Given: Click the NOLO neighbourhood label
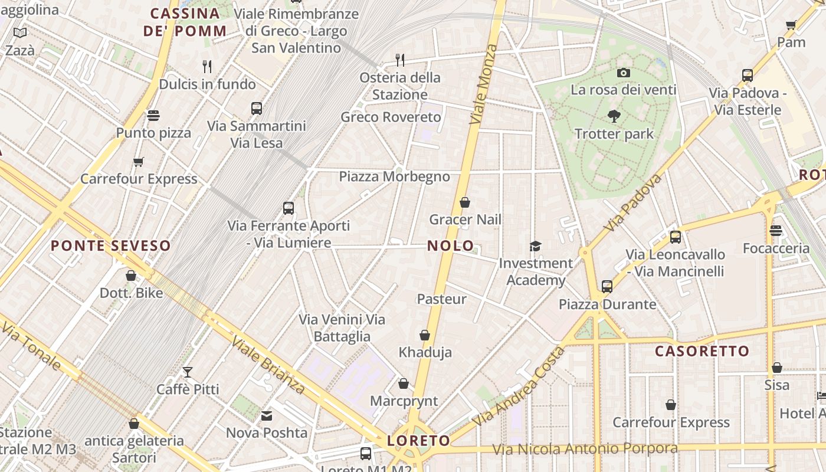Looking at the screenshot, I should point(450,245).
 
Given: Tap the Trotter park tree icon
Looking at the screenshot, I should point(614,116).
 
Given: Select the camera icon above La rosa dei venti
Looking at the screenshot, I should point(624,73).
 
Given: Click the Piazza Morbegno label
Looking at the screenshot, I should point(394,176).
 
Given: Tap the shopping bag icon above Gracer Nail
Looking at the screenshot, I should point(465,203).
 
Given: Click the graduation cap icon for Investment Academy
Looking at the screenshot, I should point(535,246).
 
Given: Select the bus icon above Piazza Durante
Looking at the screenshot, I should point(607,287).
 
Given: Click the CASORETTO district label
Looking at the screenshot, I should point(702,351).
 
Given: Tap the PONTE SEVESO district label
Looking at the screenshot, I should point(110,245).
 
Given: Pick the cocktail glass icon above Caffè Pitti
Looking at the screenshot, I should point(188,372).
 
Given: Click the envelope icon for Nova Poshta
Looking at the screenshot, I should point(267,416).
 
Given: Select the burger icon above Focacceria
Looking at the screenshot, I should point(776,231).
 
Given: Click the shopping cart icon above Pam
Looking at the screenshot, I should point(791,25).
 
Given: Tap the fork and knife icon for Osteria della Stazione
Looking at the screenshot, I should point(399,60).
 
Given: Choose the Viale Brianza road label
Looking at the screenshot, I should point(268,365).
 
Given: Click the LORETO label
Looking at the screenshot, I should point(418,440).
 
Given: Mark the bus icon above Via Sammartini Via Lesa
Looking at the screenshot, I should point(256,109).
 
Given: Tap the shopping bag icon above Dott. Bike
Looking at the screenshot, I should point(131,276).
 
